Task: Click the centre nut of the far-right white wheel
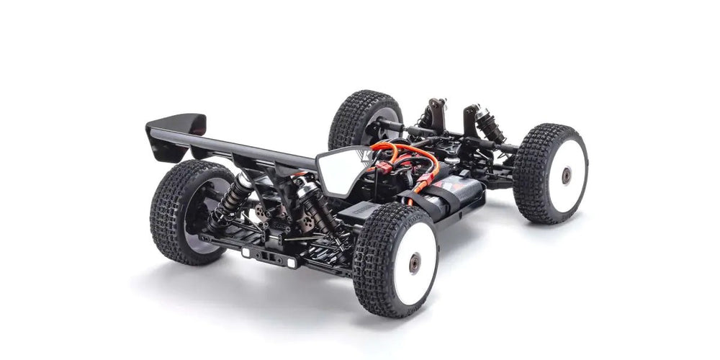567,174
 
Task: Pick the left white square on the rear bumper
246,253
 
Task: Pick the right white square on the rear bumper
291,263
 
